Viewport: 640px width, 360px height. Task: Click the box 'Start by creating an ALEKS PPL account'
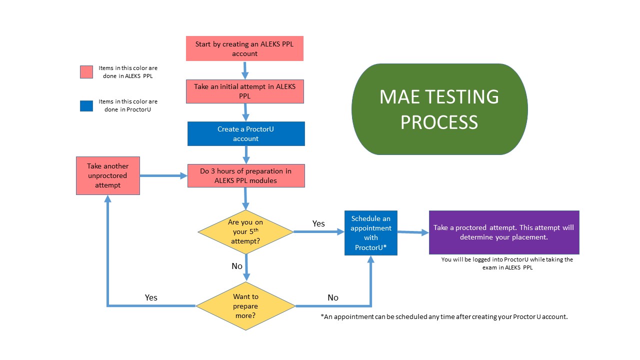[x=244, y=48]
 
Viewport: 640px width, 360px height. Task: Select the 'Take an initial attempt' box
[x=244, y=91]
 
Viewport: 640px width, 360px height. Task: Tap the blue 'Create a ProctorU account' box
[x=245, y=133]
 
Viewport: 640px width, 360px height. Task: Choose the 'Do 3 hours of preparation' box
[x=245, y=175]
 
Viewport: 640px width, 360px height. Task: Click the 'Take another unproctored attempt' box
[x=107, y=175]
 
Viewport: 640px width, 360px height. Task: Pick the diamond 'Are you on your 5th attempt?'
[x=245, y=231]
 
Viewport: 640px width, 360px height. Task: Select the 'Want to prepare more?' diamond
[x=245, y=305]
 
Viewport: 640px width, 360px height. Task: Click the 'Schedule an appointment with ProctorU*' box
[x=370, y=232]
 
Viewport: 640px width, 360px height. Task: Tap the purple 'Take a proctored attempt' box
[x=503, y=232]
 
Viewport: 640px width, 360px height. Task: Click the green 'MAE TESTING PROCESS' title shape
[x=439, y=109]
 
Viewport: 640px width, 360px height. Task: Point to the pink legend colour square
[x=86, y=71]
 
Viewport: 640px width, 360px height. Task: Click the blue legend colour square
[x=86, y=105]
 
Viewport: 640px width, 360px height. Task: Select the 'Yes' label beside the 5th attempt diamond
[x=318, y=223]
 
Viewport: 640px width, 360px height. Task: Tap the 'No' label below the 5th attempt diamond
[x=237, y=266]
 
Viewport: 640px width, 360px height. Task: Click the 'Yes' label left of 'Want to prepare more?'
[x=151, y=297]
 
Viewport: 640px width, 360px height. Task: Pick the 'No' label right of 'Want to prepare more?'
[x=333, y=297]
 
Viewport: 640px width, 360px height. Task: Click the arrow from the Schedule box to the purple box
[x=413, y=232]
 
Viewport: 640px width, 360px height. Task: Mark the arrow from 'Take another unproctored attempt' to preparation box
[x=163, y=175]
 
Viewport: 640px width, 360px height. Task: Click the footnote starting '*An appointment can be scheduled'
[x=444, y=316]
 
